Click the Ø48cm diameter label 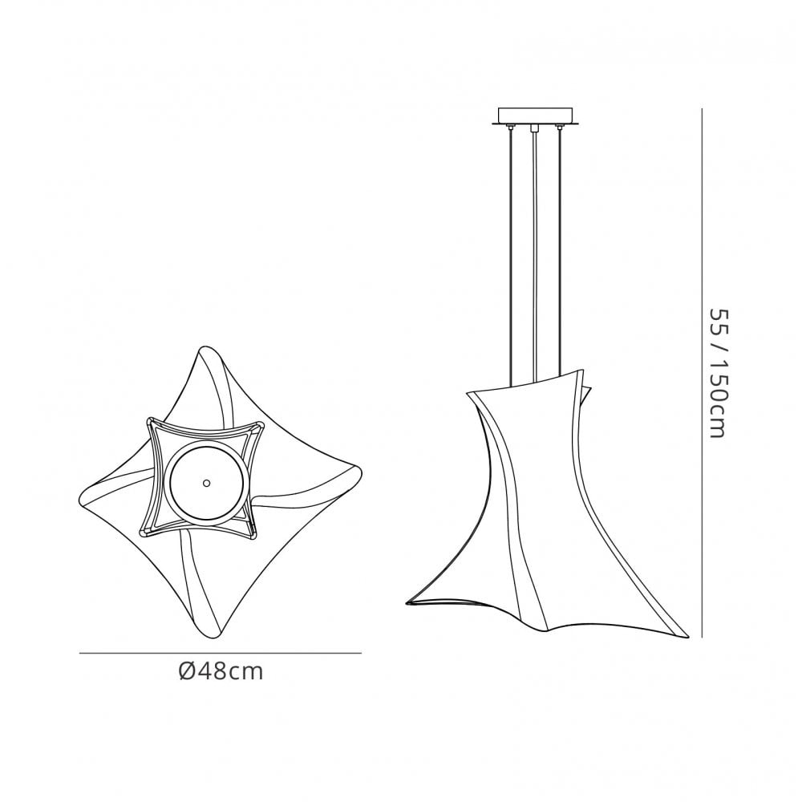tap(221, 671)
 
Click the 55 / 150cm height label tap(717, 373)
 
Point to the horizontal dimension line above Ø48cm tap(221, 653)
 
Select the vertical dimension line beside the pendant tap(702, 372)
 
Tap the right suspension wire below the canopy tap(560, 250)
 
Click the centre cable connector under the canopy tap(534, 128)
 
